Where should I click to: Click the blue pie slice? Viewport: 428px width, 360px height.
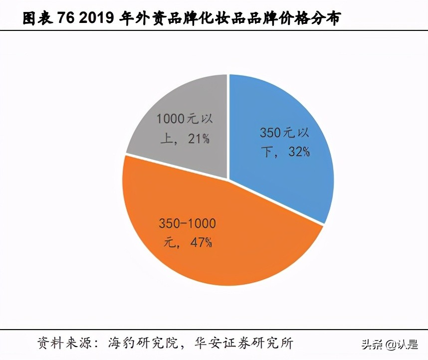pyautogui.click(x=289, y=165)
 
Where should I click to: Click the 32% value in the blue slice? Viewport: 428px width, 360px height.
pyautogui.click(x=298, y=152)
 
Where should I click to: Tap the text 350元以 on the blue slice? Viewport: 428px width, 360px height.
pyautogui.click(x=285, y=133)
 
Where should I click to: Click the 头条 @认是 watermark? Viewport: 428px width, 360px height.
pyautogui.click(x=390, y=345)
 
